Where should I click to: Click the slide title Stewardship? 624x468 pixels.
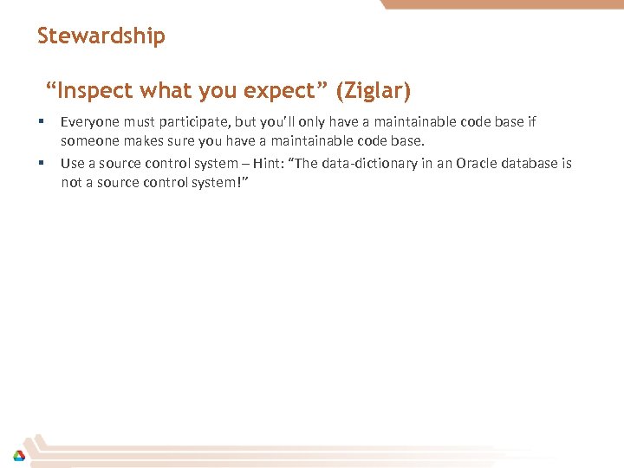(x=101, y=36)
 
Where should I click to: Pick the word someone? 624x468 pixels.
(x=88, y=140)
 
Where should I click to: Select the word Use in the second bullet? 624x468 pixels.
(x=71, y=164)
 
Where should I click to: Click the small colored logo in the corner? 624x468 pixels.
(x=18, y=455)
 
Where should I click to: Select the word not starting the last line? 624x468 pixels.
(x=70, y=182)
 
